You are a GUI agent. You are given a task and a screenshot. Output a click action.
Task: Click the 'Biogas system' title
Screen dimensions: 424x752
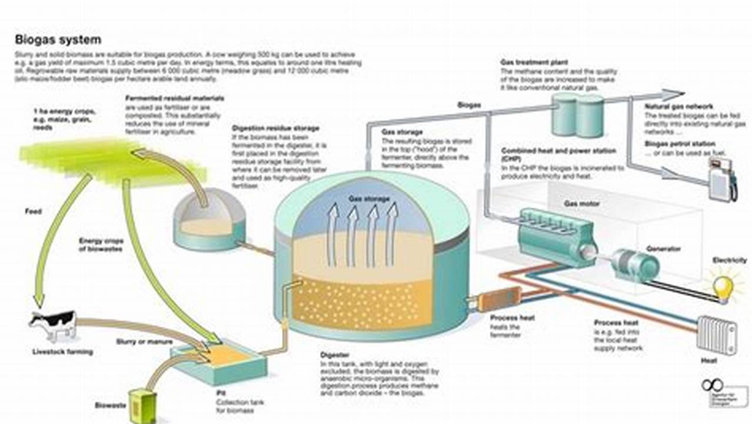click(58, 40)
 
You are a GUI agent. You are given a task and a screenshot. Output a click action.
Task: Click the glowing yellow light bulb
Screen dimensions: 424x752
click(723, 288)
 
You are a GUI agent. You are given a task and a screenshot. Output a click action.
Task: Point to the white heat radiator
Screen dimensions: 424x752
click(716, 334)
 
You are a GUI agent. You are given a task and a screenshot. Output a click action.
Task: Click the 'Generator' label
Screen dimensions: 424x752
click(663, 249)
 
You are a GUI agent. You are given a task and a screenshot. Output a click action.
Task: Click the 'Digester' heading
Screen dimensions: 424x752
click(335, 356)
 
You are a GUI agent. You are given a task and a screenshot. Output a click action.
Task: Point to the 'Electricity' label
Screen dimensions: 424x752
click(729, 260)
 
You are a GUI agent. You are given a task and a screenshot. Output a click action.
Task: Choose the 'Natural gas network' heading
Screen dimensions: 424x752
click(679, 107)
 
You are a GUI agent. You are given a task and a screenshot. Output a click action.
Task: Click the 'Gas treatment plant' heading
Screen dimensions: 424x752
click(533, 62)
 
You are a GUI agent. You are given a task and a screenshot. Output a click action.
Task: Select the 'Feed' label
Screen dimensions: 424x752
click(33, 211)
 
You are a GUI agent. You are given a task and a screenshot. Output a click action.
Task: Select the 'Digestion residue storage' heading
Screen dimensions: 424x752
click(276, 128)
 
